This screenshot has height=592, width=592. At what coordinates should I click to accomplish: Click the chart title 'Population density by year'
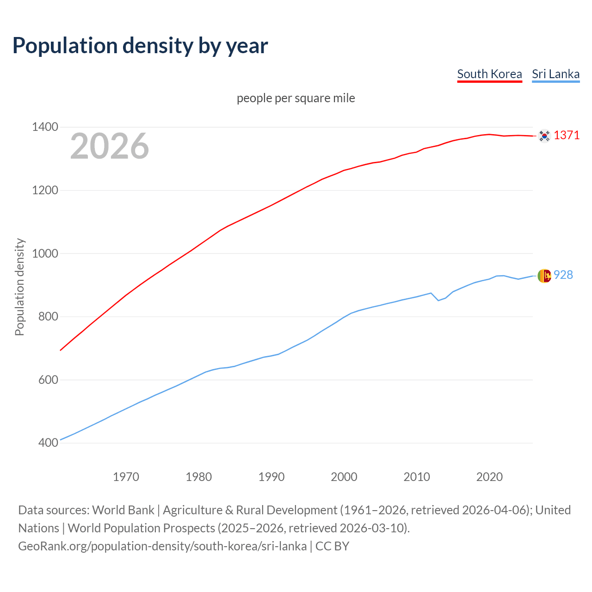(140, 46)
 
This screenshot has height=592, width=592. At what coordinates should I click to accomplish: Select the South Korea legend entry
(489, 74)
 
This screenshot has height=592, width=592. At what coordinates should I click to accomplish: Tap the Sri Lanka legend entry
(555, 74)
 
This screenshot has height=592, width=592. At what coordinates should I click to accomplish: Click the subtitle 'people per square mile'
(296, 99)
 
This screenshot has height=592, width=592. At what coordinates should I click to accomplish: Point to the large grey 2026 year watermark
(110, 146)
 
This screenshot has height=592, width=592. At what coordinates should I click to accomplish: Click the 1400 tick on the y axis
(45, 127)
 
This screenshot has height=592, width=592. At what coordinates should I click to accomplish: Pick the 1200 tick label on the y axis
(45, 191)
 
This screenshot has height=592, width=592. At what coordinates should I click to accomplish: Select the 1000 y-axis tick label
(45, 253)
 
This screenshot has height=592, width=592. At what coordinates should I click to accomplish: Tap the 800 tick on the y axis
(48, 317)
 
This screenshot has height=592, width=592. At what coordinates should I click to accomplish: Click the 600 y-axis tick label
(48, 380)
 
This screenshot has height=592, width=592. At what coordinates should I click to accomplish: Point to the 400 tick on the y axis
(48, 443)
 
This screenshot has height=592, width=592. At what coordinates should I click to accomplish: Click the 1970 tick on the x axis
(126, 477)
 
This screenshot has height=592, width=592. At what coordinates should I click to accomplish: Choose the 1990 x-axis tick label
(271, 477)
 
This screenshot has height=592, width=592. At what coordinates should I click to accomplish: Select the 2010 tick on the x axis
(417, 477)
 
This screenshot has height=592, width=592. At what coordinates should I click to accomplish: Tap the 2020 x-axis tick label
(489, 477)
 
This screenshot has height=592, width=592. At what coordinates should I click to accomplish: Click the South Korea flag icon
(544, 136)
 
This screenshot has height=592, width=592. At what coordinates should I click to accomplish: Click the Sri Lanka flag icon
(544, 276)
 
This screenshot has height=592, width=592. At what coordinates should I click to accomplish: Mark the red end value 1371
(567, 135)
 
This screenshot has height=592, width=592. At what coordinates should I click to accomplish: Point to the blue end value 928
(563, 275)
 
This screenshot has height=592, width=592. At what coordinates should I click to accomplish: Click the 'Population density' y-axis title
(19, 287)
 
